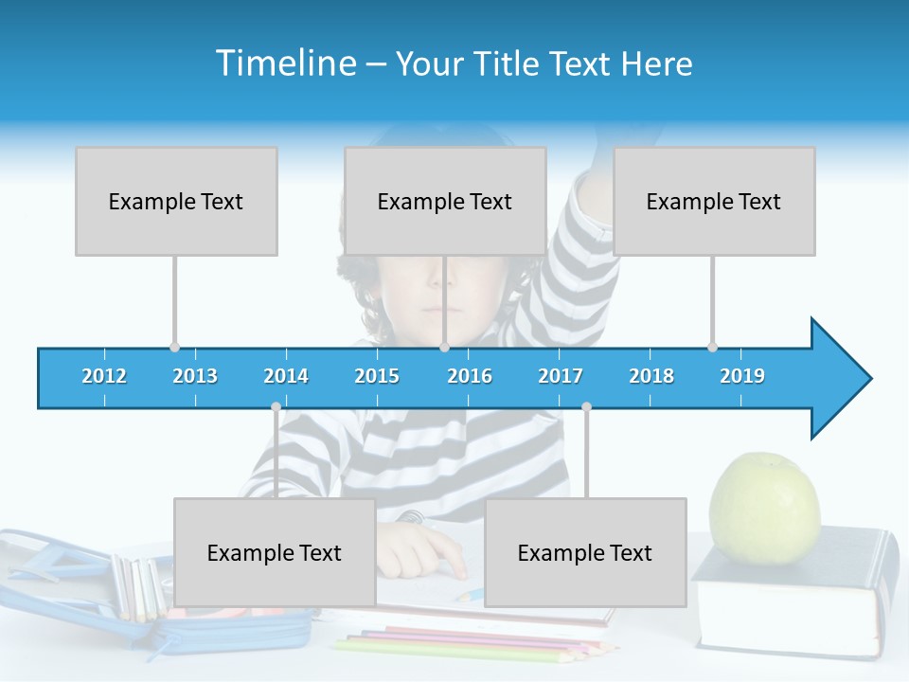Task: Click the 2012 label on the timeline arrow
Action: click(104, 376)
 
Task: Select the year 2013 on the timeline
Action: click(195, 376)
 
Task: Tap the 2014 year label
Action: click(286, 376)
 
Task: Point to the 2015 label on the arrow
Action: click(377, 376)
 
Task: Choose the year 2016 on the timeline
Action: click(470, 376)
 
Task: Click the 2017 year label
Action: click(561, 376)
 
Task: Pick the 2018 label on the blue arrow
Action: click(651, 376)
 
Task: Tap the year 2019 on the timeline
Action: click(742, 376)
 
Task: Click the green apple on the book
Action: click(765, 508)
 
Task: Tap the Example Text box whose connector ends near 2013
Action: click(176, 201)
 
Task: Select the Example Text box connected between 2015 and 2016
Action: click(445, 201)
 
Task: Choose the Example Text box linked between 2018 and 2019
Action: click(714, 201)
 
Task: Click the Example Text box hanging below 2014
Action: click(275, 552)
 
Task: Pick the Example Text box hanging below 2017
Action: click(585, 552)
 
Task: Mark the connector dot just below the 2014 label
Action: click(276, 406)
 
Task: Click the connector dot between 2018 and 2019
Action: click(712, 347)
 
